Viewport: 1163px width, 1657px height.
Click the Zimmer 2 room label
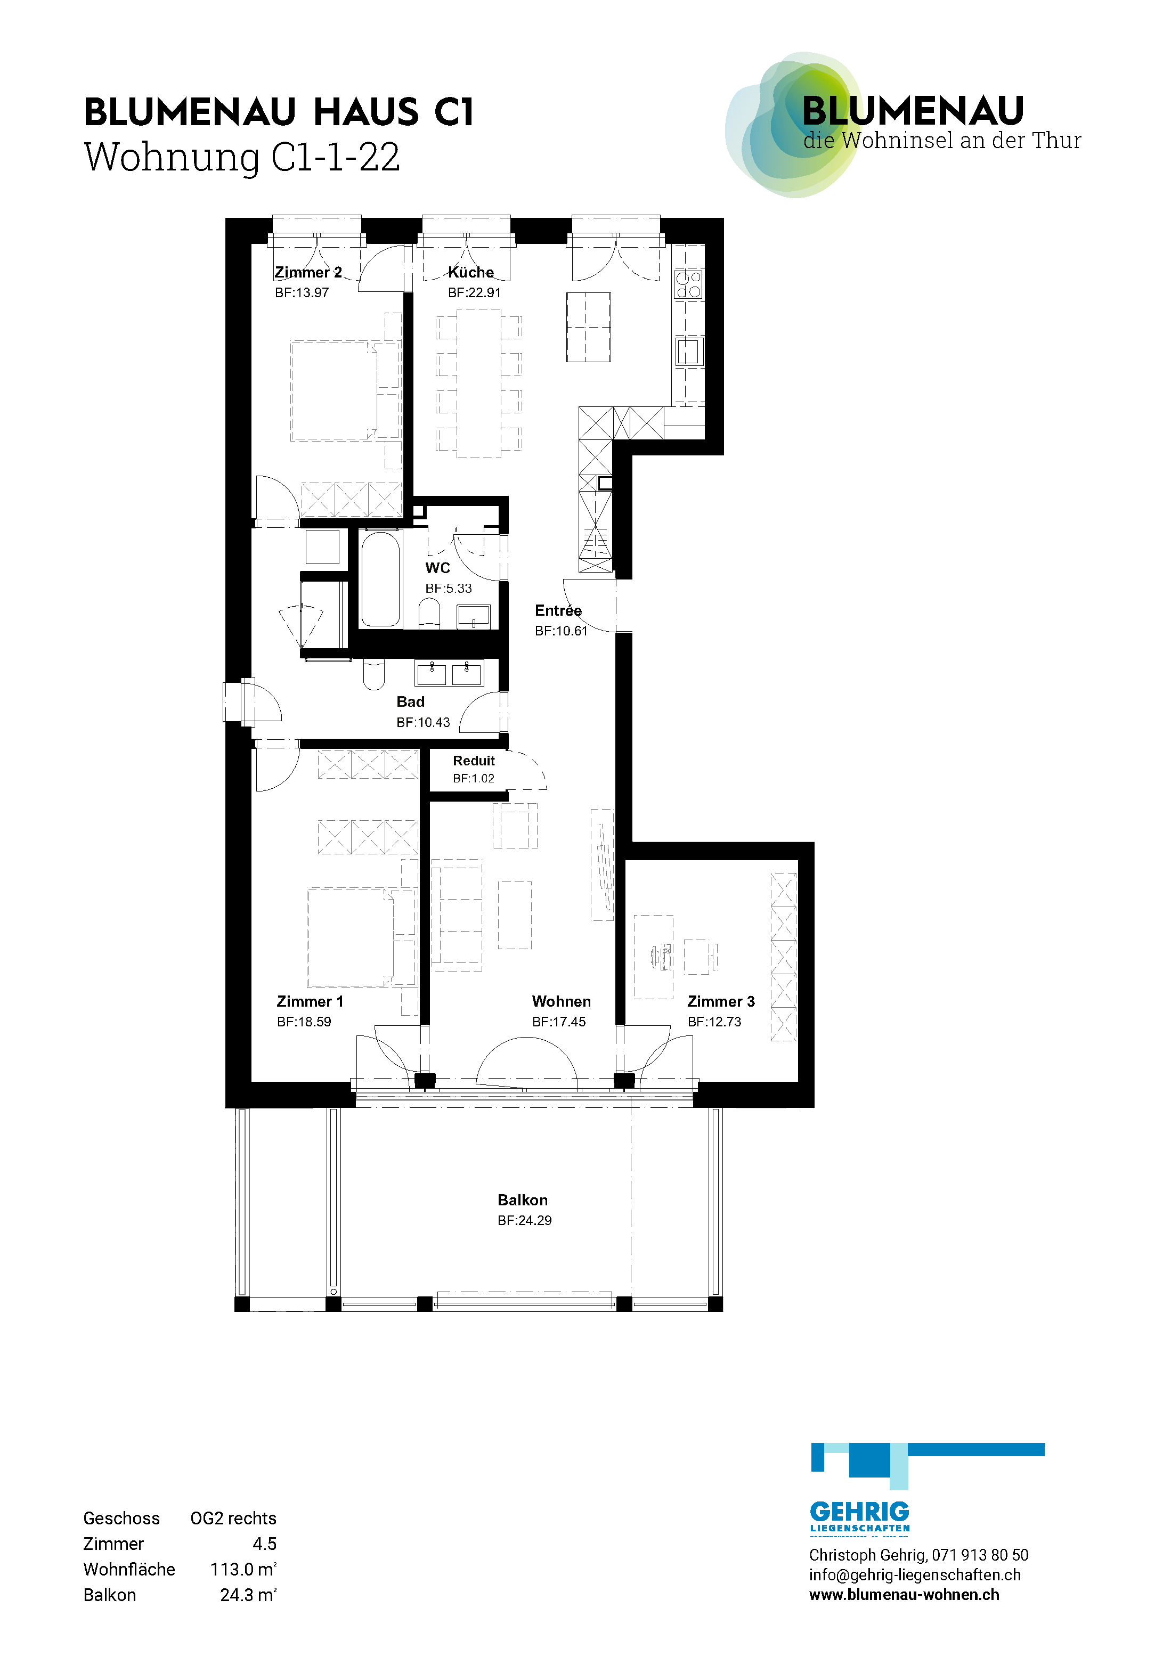pyautogui.click(x=308, y=272)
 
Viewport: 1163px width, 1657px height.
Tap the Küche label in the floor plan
pyautogui.click(x=470, y=272)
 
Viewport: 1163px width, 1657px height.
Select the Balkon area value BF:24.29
pyautogui.click(x=524, y=1220)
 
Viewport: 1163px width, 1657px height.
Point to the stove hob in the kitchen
pyautogui.click(x=688, y=284)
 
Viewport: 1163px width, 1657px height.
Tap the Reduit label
pyautogui.click(x=474, y=761)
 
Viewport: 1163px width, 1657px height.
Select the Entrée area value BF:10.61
pyautogui.click(x=561, y=631)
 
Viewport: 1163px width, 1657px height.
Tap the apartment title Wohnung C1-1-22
pyautogui.click(x=242, y=157)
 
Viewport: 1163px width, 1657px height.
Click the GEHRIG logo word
pyautogui.click(x=859, y=1511)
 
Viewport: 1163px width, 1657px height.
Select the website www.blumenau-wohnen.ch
pyautogui.click(x=904, y=1594)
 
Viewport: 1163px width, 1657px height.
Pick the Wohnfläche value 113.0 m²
pyautogui.click(x=243, y=1569)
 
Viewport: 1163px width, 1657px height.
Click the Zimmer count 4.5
pyautogui.click(x=264, y=1544)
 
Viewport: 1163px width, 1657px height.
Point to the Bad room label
pyautogui.click(x=410, y=701)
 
